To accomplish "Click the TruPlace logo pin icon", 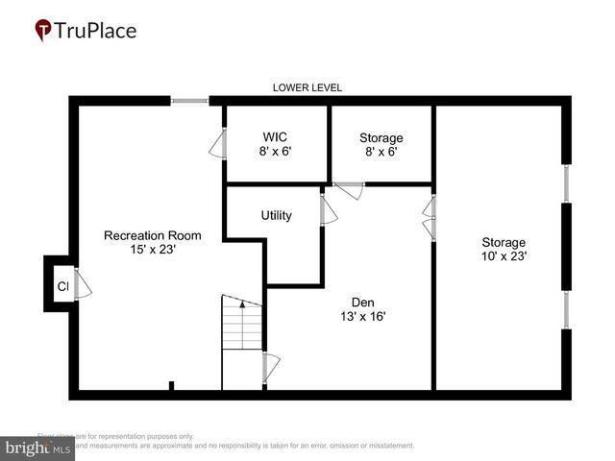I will coord(43,31).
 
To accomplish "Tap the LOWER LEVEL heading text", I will coord(307,87).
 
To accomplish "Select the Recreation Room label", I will coord(153,235).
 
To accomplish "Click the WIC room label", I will coord(276,137).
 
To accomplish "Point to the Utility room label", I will coord(276,216).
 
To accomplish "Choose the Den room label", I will coord(362,301).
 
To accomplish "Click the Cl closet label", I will coord(61,286).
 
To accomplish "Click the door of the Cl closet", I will coord(83,285).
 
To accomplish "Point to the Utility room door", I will coord(328,211).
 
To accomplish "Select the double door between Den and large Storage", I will coord(430,219).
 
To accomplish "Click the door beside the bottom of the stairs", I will coord(270,367).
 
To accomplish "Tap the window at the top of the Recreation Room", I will coord(190,99).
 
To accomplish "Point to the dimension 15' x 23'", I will coord(153,250).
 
